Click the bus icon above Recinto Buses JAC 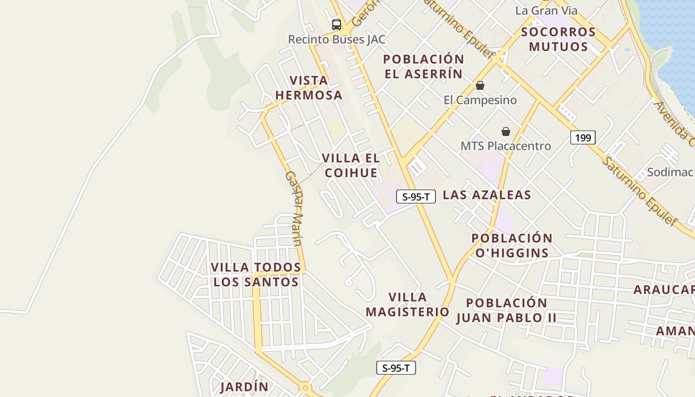[337, 24]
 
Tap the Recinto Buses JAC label [337, 39]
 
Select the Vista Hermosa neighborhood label [309, 88]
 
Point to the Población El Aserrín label [423, 66]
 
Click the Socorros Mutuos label [558, 39]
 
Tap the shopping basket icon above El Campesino [480, 85]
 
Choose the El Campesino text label [480, 100]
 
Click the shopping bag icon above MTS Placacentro [505, 132]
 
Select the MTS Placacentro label [505, 146]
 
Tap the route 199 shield [583, 137]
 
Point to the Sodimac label [670, 172]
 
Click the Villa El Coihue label [351, 165]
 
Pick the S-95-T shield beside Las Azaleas [416, 197]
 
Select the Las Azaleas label [486, 195]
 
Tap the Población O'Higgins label [512, 246]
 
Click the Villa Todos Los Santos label [256, 274]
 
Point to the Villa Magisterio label [408, 304]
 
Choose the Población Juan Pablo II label [506, 310]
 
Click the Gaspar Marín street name [294, 208]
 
